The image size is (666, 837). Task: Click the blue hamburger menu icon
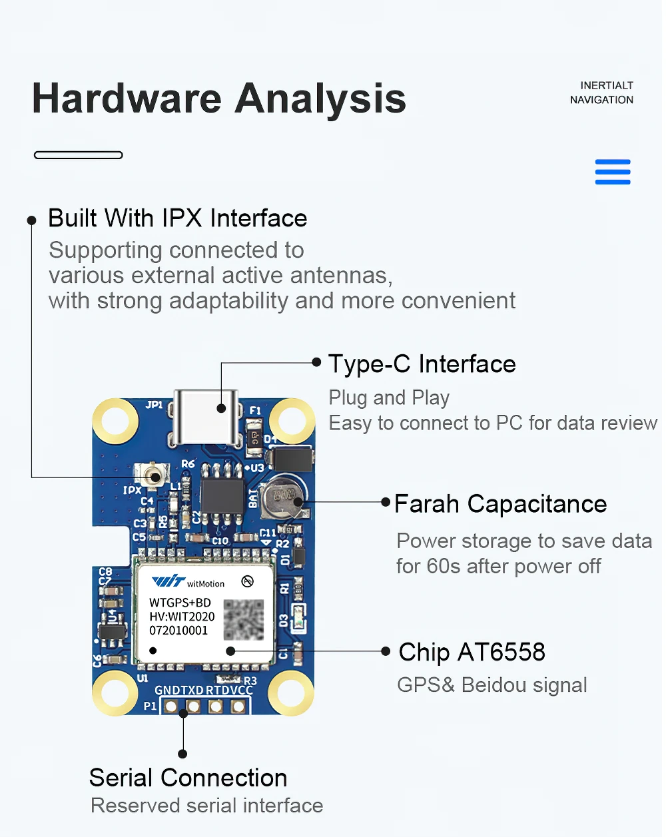(x=612, y=172)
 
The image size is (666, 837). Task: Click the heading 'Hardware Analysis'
(x=218, y=99)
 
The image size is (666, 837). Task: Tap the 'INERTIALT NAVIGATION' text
(x=601, y=93)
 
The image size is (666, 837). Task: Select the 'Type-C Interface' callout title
(x=422, y=364)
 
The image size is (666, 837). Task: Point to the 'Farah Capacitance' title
(x=500, y=504)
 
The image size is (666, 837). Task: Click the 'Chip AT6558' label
(x=472, y=652)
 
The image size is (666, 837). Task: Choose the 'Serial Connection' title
(x=188, y=778)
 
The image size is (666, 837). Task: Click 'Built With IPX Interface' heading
(x=177, y=218)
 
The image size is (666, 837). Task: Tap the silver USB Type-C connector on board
(x=206, y=416)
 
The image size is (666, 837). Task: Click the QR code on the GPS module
(x=243, y=619)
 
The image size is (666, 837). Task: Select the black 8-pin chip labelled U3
(x=222, y=492)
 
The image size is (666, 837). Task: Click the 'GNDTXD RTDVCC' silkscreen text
(x=204, y=691)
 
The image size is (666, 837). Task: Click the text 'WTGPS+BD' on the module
(x=180, y=603)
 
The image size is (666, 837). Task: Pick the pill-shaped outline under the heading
(x=79, y=155)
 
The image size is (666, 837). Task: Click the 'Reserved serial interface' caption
(x=206, y=806)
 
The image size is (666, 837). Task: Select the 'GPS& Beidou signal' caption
(x=492, y=685)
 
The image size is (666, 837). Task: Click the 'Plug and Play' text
(x=389, y=398)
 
